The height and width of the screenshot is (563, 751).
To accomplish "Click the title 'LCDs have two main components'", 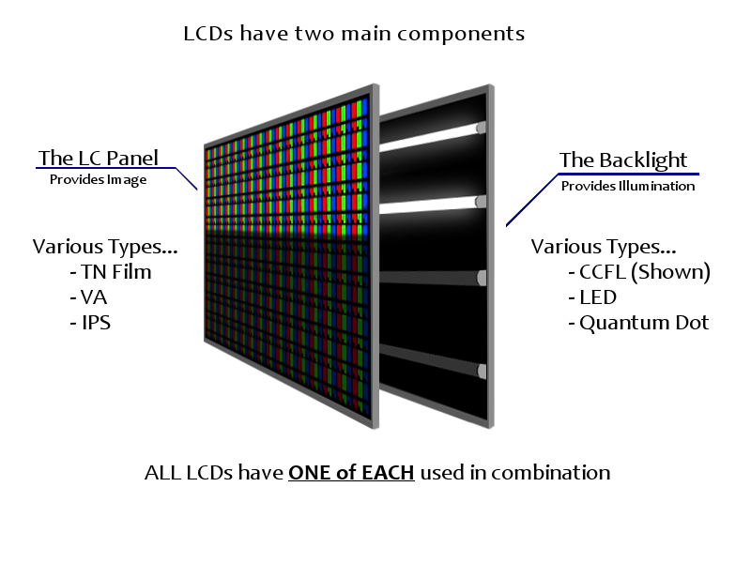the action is tap(354, 34).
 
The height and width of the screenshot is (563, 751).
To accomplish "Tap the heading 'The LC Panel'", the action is tap(99, 158).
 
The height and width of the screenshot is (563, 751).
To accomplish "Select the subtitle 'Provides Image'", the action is tap(99, 179).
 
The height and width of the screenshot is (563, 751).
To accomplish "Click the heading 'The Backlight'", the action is tap(623, 160).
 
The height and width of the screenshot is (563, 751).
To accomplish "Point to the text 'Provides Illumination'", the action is tap(628, 186).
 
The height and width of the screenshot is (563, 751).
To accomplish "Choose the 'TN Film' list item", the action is tap(111, 272).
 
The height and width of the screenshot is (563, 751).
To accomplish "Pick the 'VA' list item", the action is tap(88, 297).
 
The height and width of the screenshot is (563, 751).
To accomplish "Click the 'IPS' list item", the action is tap(90, 323).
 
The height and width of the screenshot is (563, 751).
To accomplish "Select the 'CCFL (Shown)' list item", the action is tap(639, 272).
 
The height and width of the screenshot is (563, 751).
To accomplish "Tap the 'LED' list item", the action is tap(592, 297).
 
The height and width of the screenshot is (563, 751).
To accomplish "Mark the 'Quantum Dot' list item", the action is tap(638, 323).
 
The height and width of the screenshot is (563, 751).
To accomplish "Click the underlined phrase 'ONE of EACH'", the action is tap(351, 473).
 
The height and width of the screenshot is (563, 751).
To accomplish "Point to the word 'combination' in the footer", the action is tap(551, 473).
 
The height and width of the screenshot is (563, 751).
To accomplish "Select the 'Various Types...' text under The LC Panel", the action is tap(105, 247).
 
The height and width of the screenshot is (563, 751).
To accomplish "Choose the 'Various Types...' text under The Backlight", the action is tap(604, 247).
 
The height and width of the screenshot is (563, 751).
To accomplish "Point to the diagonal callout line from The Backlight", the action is tap(532, 200).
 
